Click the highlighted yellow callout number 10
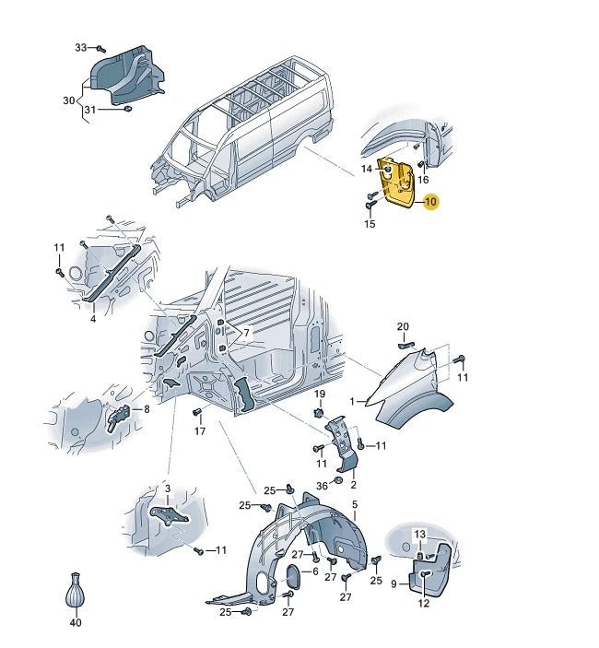(430, 202)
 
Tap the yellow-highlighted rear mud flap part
(396, 183)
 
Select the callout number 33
(80, 48)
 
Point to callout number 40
(76, 622)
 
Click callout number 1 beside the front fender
(352, 401)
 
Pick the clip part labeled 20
(405, 345)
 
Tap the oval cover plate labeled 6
(294, 576)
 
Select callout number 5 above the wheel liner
(355, 504)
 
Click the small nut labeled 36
(337, 480)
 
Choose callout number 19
(320, 394)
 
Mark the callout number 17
(200, 431)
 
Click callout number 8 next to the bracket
(147, 409)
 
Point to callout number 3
(168, 489)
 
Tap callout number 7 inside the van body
(247, 333)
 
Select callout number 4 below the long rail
(93, 319)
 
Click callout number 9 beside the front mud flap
(393, 584)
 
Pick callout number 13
(419, 535)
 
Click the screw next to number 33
(101, 49)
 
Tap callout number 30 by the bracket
(68, 100)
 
